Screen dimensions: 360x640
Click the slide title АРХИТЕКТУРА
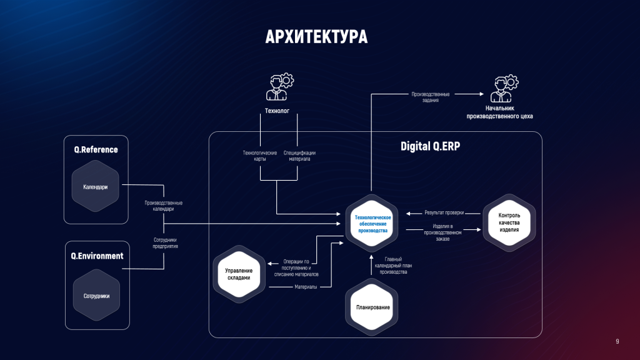[x=316, y=37]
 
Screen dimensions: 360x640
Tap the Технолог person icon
[x=279, y=87]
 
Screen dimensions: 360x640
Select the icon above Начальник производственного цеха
[x=504, y=89]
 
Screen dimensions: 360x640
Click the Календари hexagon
[x=96, y=186]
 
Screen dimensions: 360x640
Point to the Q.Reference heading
[x=96, y=149]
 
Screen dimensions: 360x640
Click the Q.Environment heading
[x=97, y=256]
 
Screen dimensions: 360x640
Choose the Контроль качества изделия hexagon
[x=509, y=222]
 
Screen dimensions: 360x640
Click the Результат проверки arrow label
[x=444, y=212]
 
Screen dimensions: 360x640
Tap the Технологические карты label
[x=259, y=156]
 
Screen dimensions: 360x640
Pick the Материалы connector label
[x=306, y=287]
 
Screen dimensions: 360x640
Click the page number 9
[x=617, y=341]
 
